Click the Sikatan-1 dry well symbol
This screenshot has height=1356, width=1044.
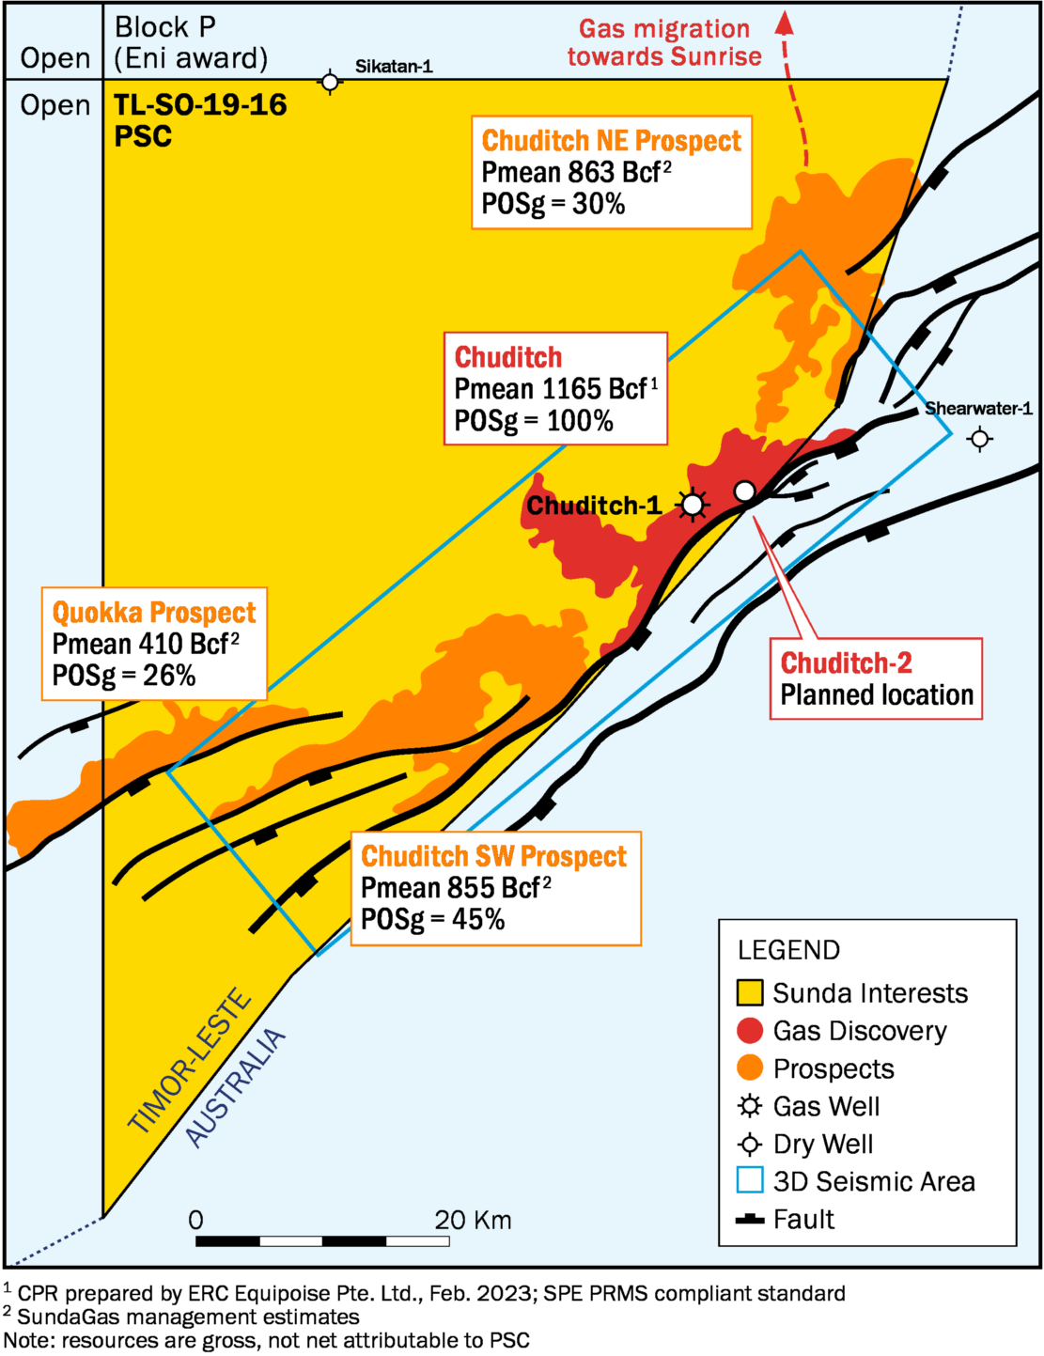click(x=330, y=83)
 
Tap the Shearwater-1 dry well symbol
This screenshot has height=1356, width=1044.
click(x=980, y=438)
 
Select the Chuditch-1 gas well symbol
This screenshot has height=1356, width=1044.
click(x=693, y=506)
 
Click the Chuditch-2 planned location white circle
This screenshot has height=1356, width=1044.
click(x=744, y=491)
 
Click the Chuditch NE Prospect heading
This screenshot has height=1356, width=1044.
click(x=611, y=141)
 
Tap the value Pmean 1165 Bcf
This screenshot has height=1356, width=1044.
click(x=551, y=389)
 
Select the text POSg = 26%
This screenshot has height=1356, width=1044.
click(x=124, y=676)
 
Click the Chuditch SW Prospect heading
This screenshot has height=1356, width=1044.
click(x=493, y=856)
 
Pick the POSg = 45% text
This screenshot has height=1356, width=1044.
click(x=433, y=919)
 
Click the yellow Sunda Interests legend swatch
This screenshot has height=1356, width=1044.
click(x=750, y=993)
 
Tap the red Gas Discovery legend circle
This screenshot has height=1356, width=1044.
click(x=750, y=1031)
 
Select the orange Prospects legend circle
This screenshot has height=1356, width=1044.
click(x=750, y=1068)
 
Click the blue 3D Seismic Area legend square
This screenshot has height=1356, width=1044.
click(x=750, y=1181)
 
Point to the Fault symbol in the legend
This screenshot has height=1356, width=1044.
click(x=750, y=1220)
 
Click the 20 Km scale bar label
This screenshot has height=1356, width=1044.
click(x=473, y=1221)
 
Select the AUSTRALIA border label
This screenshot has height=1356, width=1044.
click(x=235, y=1088)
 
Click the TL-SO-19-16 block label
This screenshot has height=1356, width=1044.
click(x=200, y=105)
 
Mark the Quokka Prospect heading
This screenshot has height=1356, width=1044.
click(x=154, y=613)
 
